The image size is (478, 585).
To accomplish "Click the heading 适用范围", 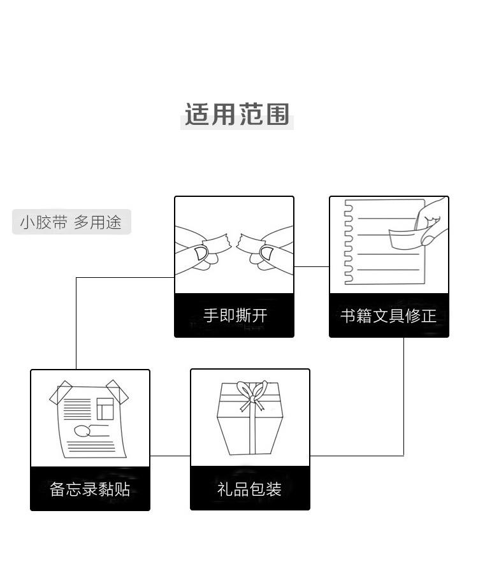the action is pos(237,115).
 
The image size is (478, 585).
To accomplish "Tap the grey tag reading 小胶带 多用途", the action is pos(71,222).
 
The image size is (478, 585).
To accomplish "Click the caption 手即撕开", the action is pos(235,315).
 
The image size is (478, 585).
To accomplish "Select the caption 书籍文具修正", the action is pos(389,315).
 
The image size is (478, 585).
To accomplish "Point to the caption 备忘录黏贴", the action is pos(90,489).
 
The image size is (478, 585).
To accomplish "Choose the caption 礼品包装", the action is pos(250,489).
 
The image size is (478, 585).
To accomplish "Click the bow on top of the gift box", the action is pos(250,393).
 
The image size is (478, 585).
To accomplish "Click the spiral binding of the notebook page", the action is pos(348,242).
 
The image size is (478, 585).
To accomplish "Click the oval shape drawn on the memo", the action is pos(82,430).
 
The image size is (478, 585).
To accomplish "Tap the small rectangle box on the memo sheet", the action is pos(105,408).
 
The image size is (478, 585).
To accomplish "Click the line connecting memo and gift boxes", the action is pos(170,456).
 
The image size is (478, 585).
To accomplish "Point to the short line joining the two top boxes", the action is pos(312,266).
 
